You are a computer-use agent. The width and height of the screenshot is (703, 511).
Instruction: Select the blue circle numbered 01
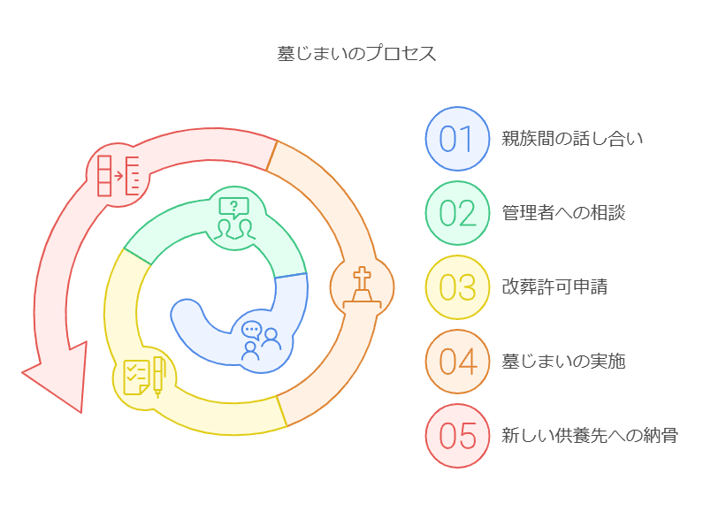click(457, 139)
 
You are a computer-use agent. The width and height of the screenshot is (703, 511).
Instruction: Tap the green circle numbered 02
click(457, 213)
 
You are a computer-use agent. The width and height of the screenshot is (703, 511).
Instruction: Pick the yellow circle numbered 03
click(457, 287)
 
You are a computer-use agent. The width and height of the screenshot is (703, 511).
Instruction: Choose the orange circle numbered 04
click(457, 362)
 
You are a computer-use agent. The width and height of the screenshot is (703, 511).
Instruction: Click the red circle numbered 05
click(457, 436)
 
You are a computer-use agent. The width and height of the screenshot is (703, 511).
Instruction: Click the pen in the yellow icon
click(158, 376)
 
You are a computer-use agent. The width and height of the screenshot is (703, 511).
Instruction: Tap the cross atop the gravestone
click(362, 276)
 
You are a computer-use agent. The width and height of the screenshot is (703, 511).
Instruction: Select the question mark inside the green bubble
click(234, 208)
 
